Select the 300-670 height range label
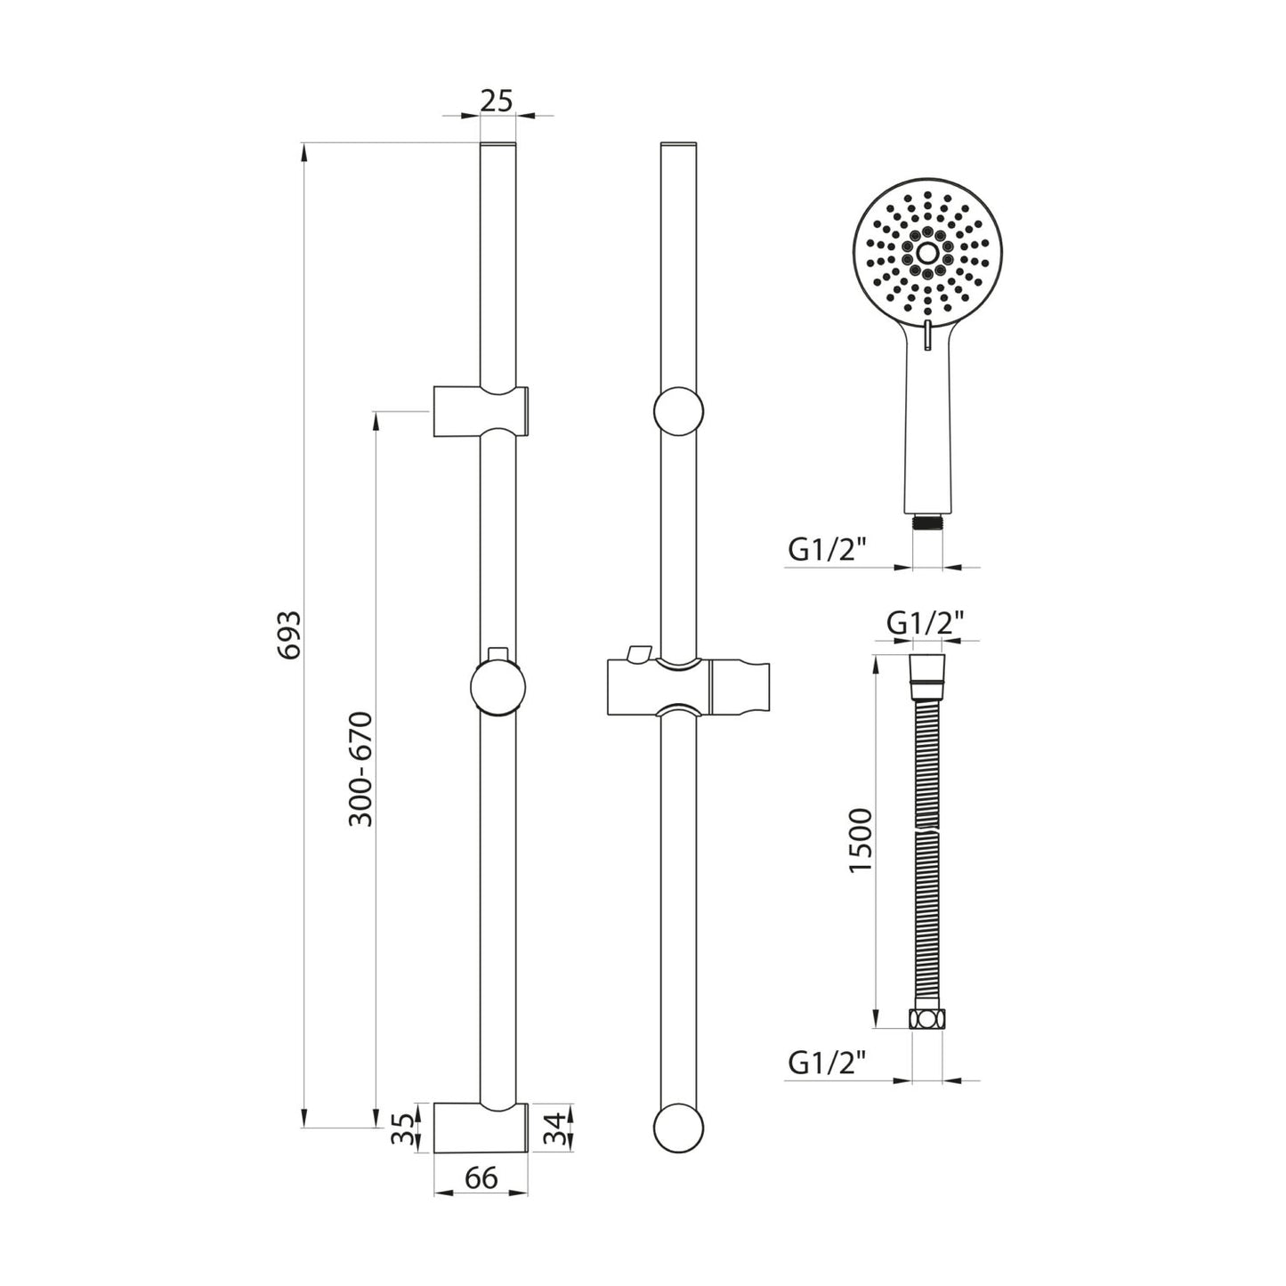360,769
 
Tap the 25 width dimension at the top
497,101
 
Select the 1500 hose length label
862,840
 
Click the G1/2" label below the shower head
827,550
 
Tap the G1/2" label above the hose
926,623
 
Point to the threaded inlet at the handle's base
926,522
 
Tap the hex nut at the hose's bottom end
926,1020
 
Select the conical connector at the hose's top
926,670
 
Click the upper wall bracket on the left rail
481,411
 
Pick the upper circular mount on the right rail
678,411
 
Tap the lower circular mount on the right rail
678,1128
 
